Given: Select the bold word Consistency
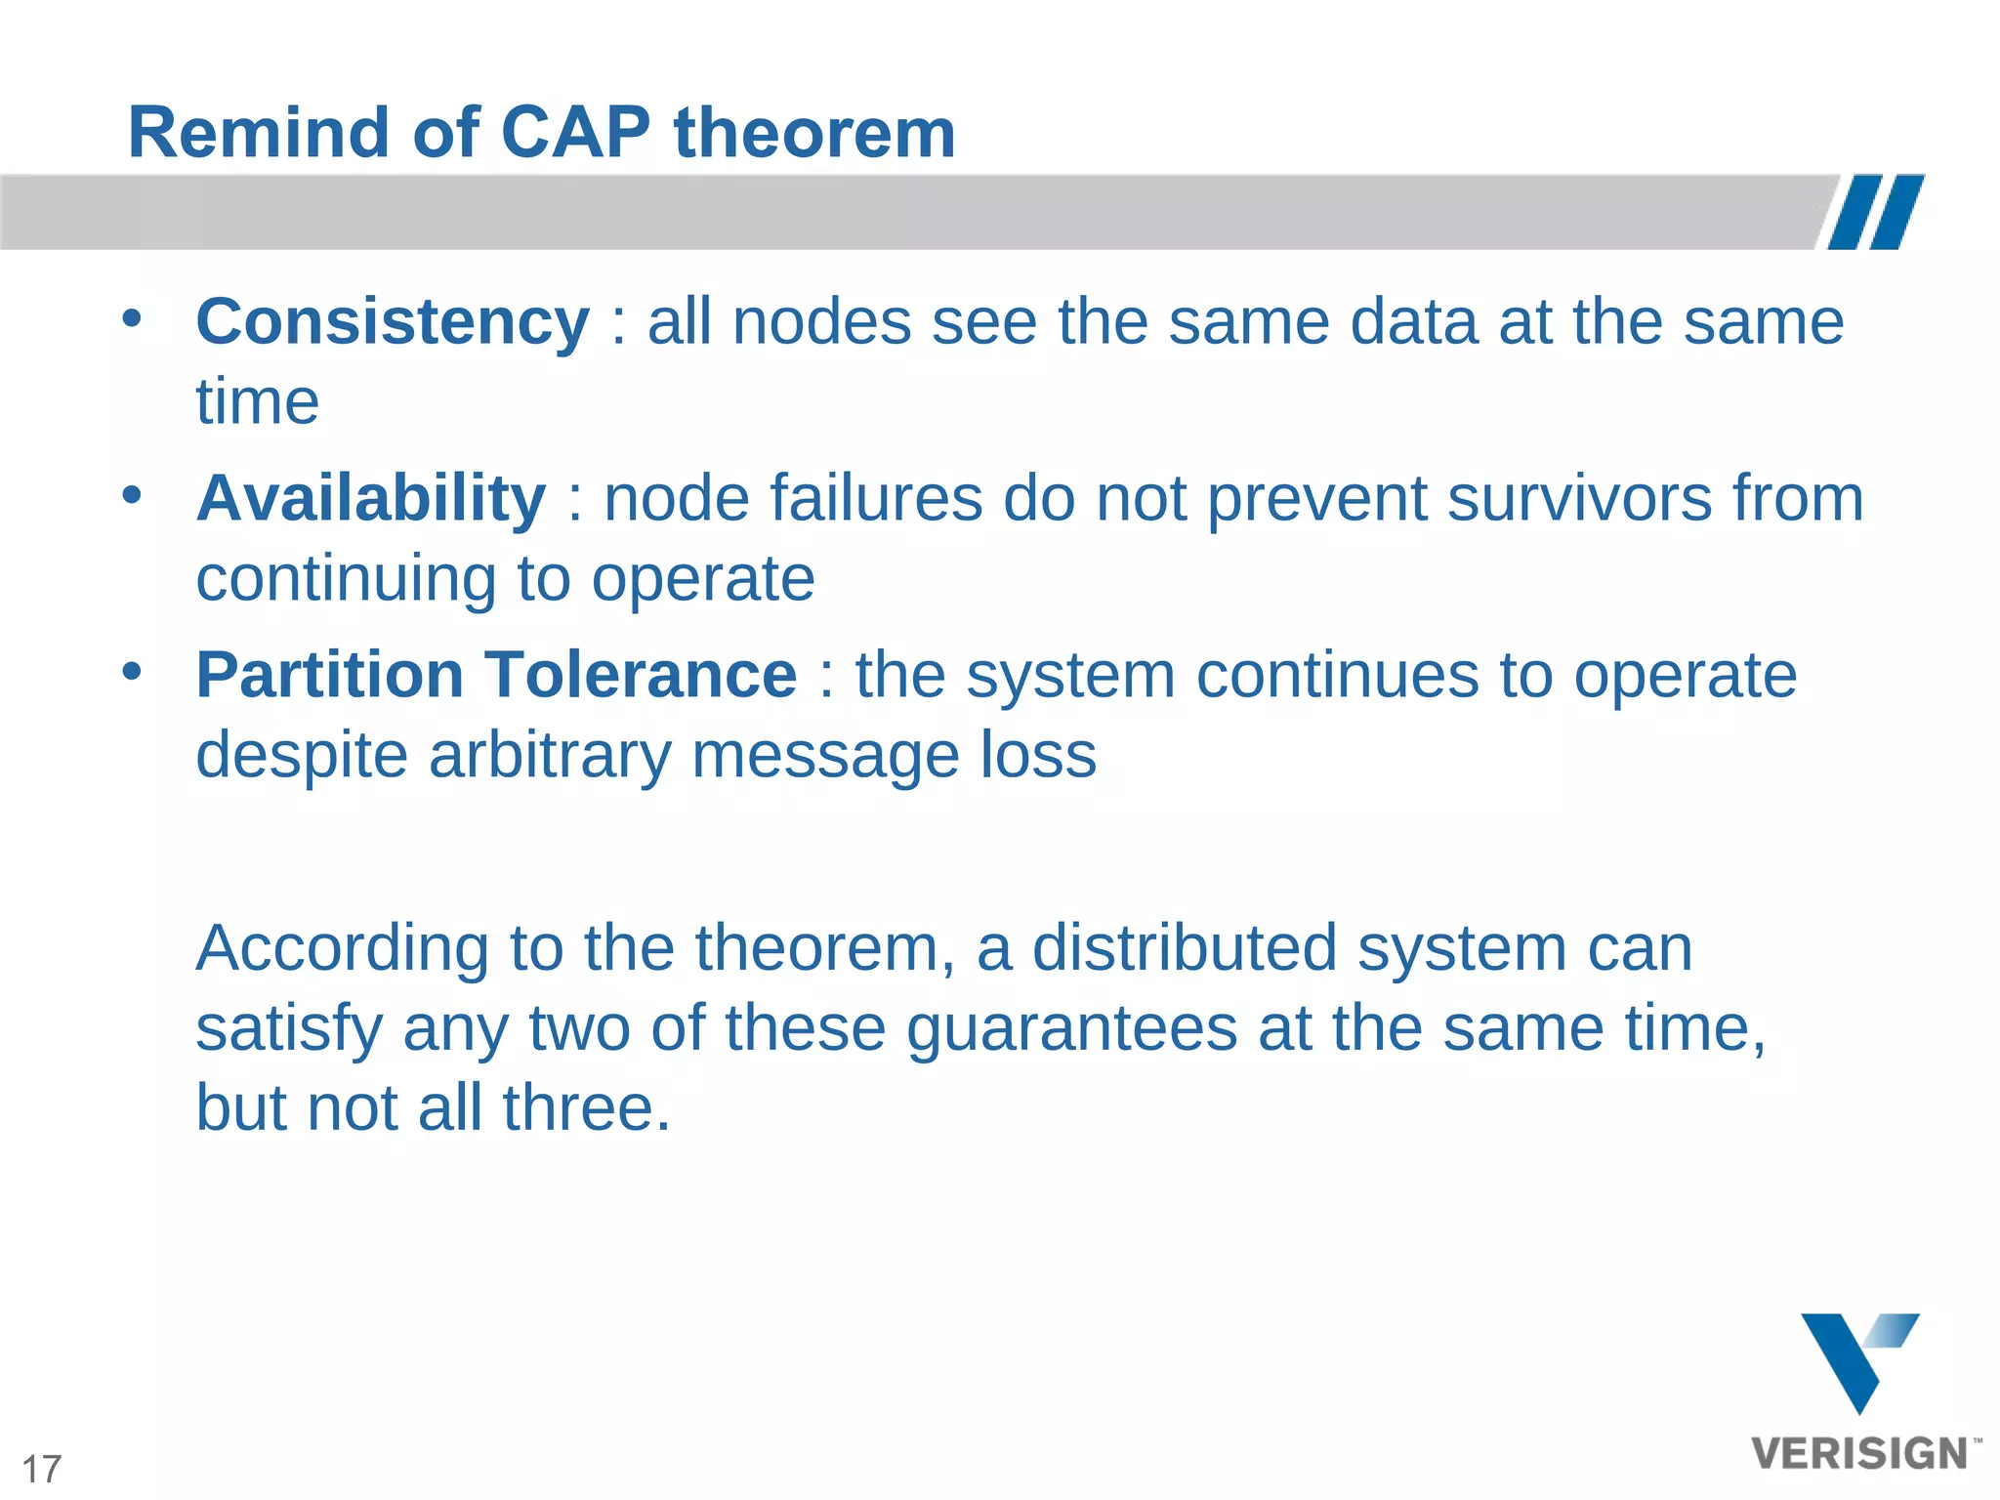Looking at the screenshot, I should [393, 322].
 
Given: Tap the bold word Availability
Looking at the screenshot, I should [371, 499].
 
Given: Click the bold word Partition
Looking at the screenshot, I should [329, 676].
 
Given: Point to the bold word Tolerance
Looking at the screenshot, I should [642, 676].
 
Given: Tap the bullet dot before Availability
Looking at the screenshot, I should [132, 494].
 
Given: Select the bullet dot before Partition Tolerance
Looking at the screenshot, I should [132, 671].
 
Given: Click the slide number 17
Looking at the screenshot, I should [41, 1469].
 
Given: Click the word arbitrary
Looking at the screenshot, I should [550, 756].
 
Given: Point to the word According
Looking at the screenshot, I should [342, 949].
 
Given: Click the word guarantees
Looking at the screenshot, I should [1071, 1029].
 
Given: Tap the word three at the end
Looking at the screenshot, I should [586, 1108].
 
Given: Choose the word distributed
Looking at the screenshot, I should [1184, 949].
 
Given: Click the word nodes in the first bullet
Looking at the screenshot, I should [821, 322].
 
